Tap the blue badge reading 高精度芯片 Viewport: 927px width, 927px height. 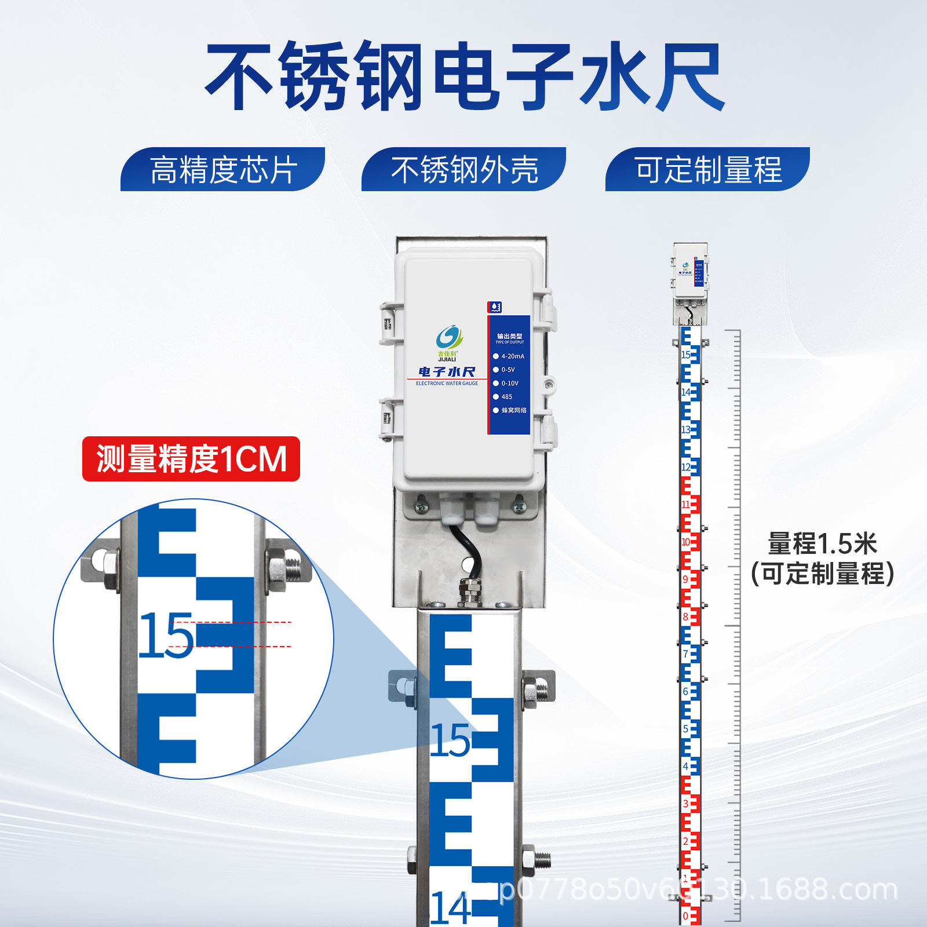pos(223,170)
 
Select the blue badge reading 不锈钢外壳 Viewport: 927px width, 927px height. pos(464,170)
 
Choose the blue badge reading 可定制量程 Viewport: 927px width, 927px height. pos(707,170)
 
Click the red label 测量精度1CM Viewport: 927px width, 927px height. pos(191,459)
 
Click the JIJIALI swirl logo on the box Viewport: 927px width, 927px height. pos(448,337)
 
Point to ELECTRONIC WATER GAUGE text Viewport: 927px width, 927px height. pos(447,384)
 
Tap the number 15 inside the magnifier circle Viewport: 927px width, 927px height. pos(166,636)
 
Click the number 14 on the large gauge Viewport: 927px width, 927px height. pos(450,908)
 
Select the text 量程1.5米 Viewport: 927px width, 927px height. pos(822,543)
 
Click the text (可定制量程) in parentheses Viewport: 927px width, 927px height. pos(822,574)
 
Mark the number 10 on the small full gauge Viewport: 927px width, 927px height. pos(685,542)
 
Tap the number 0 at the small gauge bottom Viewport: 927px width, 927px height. pos(685,916)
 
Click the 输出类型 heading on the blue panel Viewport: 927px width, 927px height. pos(509,336)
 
